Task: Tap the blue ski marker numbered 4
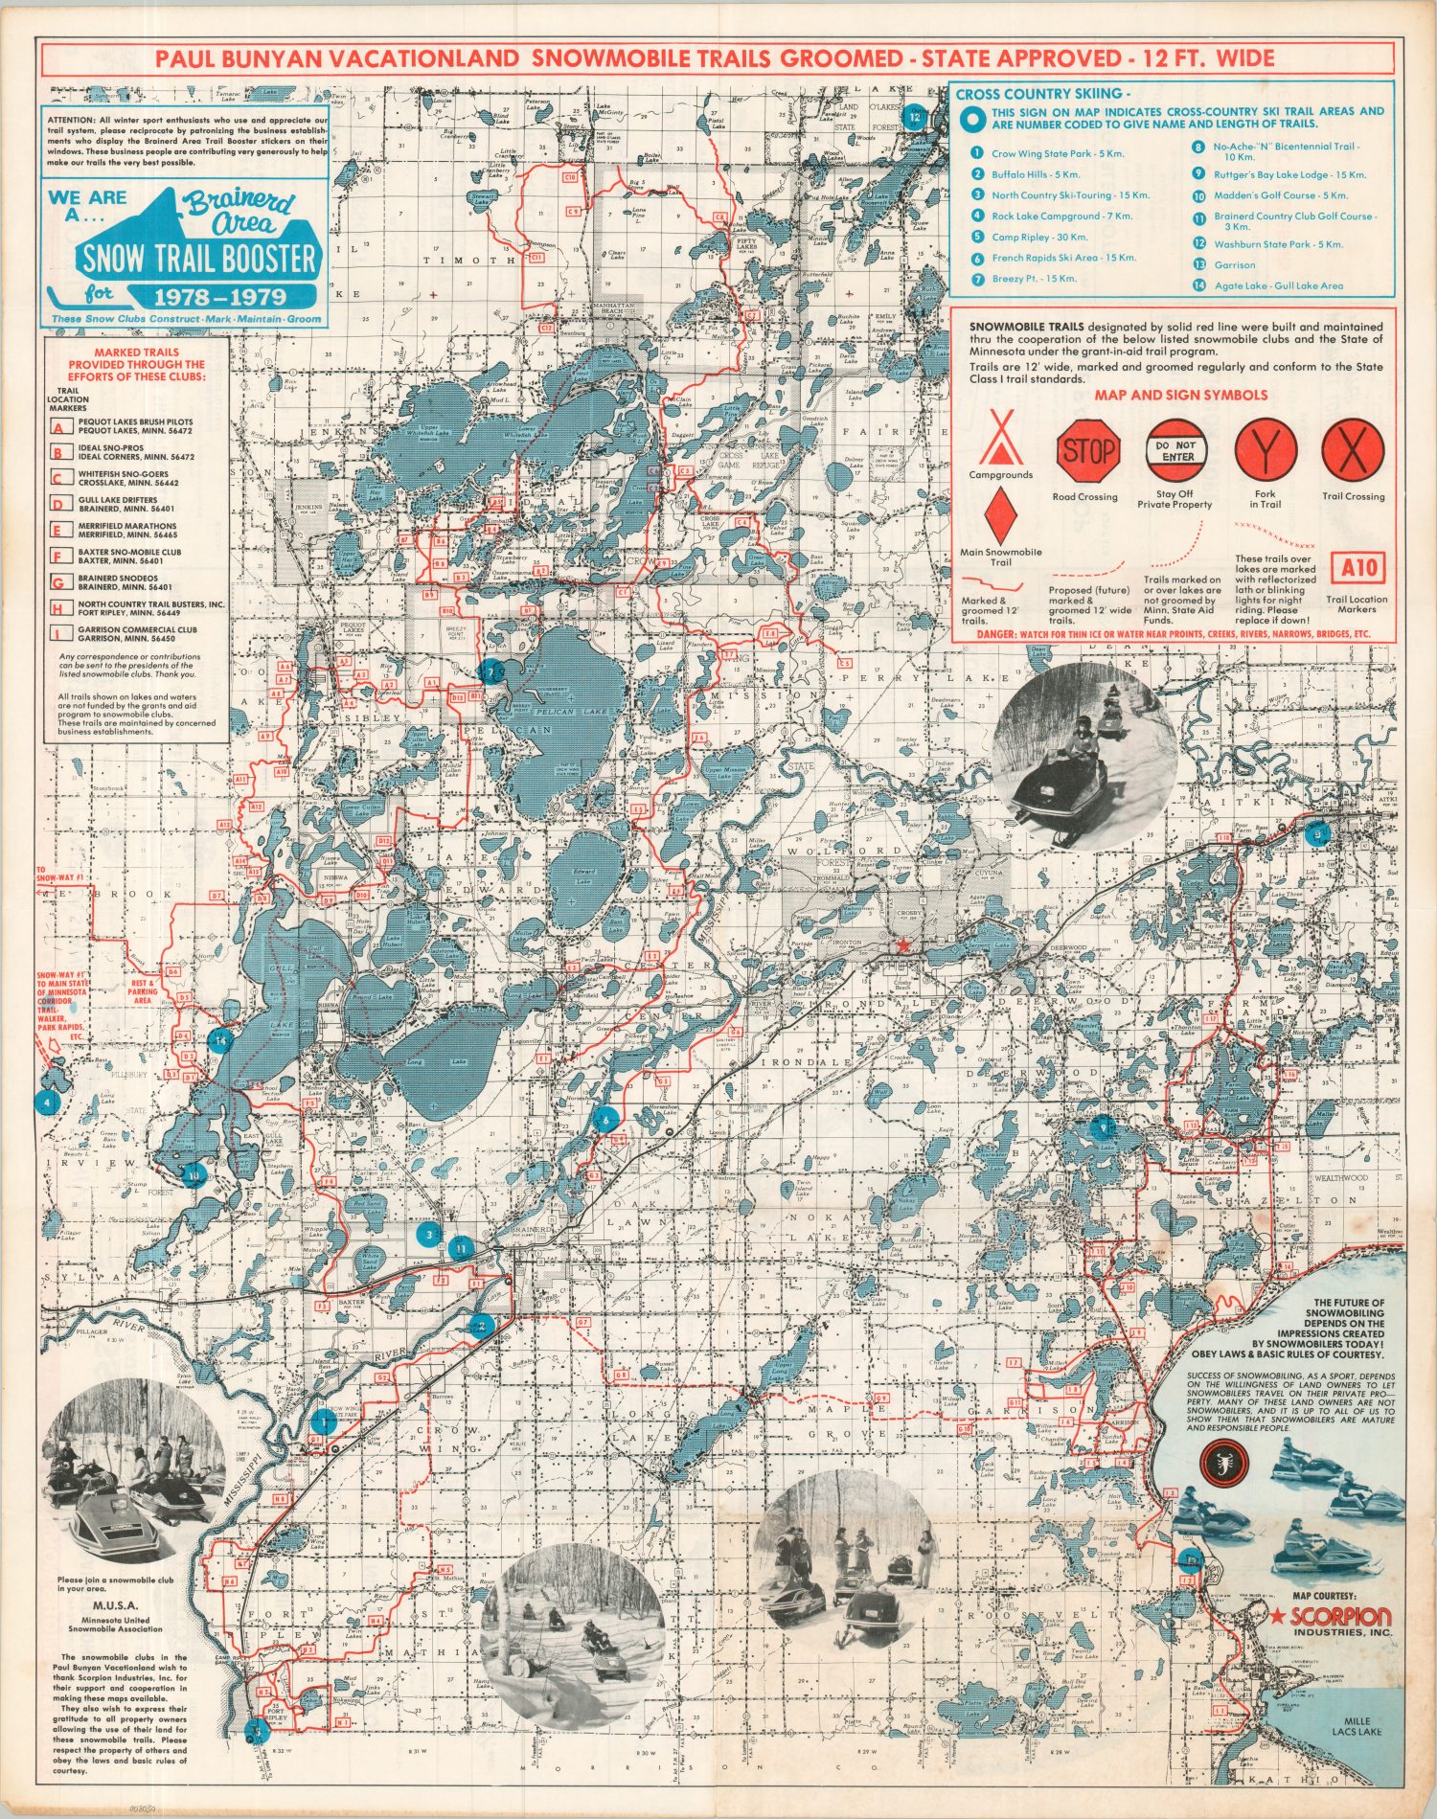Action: (45, 1102)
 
